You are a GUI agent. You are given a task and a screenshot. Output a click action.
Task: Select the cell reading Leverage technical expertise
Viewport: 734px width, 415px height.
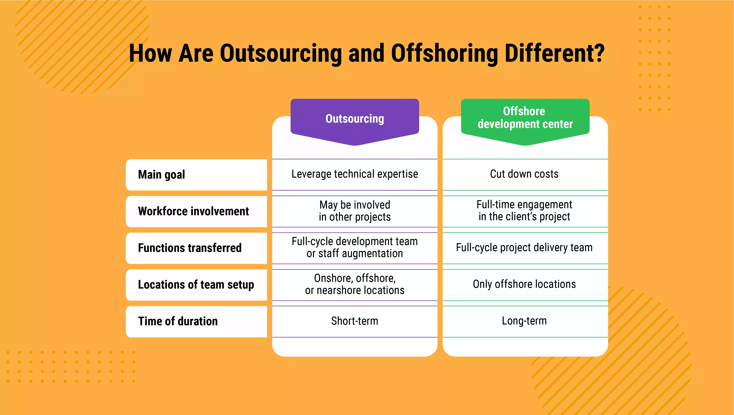355,174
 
